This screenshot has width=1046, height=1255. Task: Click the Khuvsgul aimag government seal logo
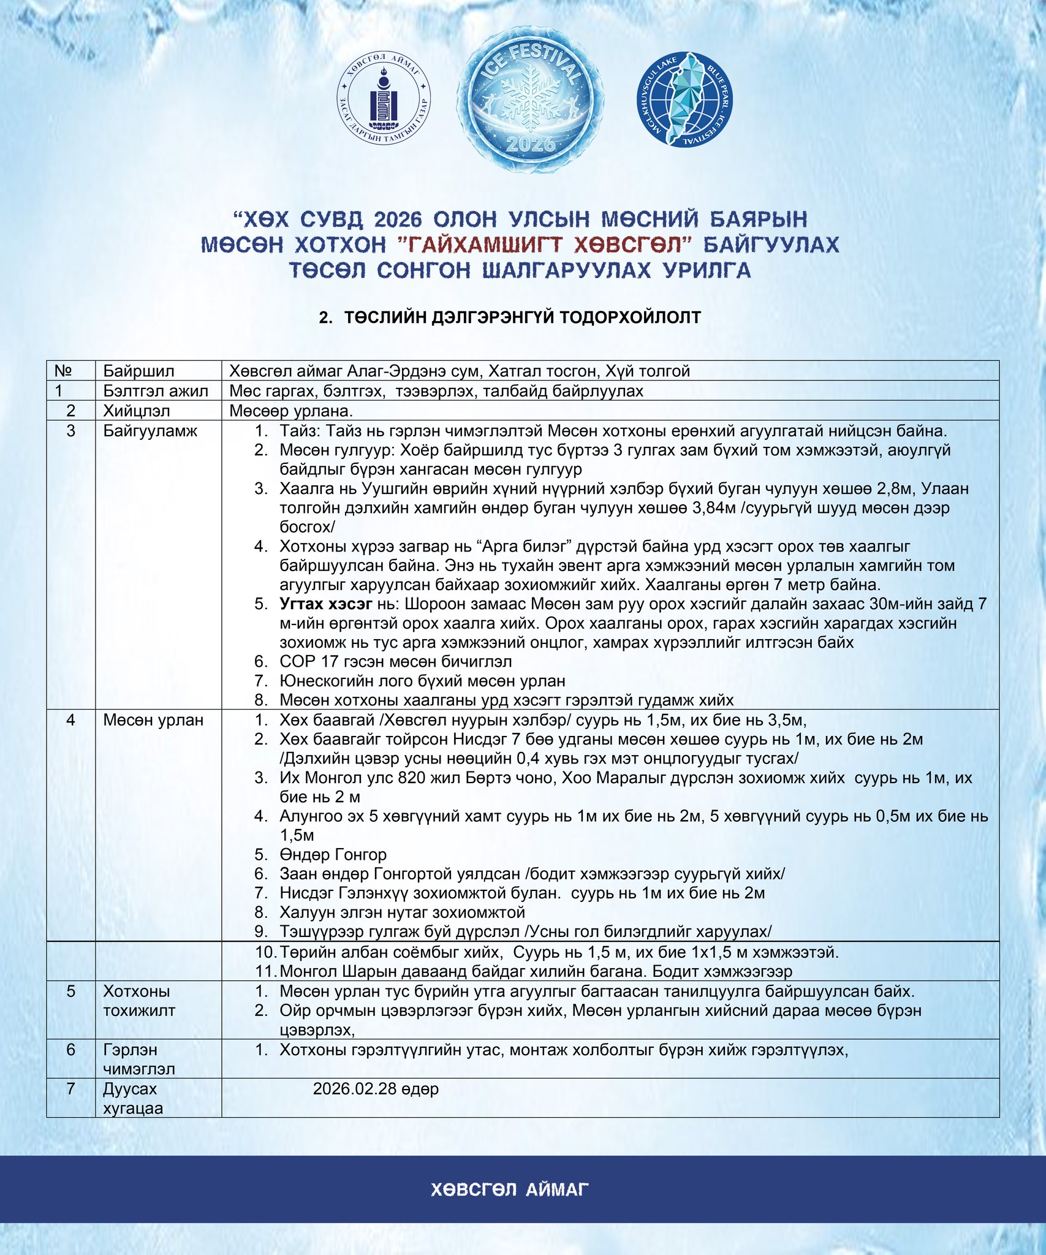pos(384,102)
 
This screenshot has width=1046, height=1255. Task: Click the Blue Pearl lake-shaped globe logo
pos(684,99)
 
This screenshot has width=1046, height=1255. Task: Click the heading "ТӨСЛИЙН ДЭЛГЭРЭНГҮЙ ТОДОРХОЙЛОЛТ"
pos(521,317)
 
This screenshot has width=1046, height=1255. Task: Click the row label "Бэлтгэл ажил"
pos(156,391)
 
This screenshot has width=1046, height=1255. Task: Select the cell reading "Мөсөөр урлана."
pos(290,411)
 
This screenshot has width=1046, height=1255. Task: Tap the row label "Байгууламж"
pos(150,431)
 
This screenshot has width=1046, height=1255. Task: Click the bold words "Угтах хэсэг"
pos(326,604)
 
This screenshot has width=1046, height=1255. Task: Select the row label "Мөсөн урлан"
pos(153,720)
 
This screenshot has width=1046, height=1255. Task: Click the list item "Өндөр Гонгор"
pos(333,854)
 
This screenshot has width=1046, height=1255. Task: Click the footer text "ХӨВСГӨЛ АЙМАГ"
pos(510,1189)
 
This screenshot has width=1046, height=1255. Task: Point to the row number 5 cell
pos(71,991)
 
